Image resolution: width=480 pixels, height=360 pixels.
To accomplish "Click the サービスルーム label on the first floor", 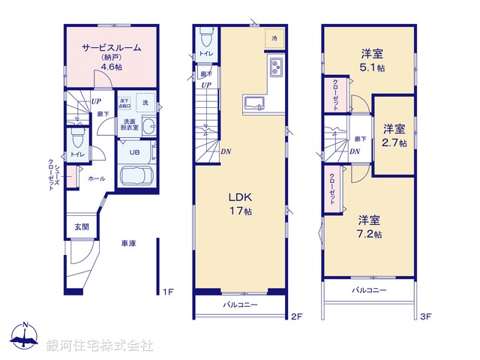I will (111, 46).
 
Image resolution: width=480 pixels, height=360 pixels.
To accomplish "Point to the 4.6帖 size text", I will (112, 67).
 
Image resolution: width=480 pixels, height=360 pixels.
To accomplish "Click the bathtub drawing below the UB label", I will (136, 178).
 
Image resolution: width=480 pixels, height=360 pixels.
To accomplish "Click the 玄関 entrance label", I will (81, 226).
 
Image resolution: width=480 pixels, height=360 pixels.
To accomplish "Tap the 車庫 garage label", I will (128, 244).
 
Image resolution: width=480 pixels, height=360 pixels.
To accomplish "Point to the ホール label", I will (96, 179).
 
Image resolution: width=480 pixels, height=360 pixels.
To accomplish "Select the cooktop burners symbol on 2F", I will (274, 68).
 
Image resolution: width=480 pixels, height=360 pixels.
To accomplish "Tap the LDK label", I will (240, 197).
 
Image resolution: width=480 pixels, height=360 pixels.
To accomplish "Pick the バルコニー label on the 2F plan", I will (240, 305).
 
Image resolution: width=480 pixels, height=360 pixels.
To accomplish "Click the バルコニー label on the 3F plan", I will (368, 289).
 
